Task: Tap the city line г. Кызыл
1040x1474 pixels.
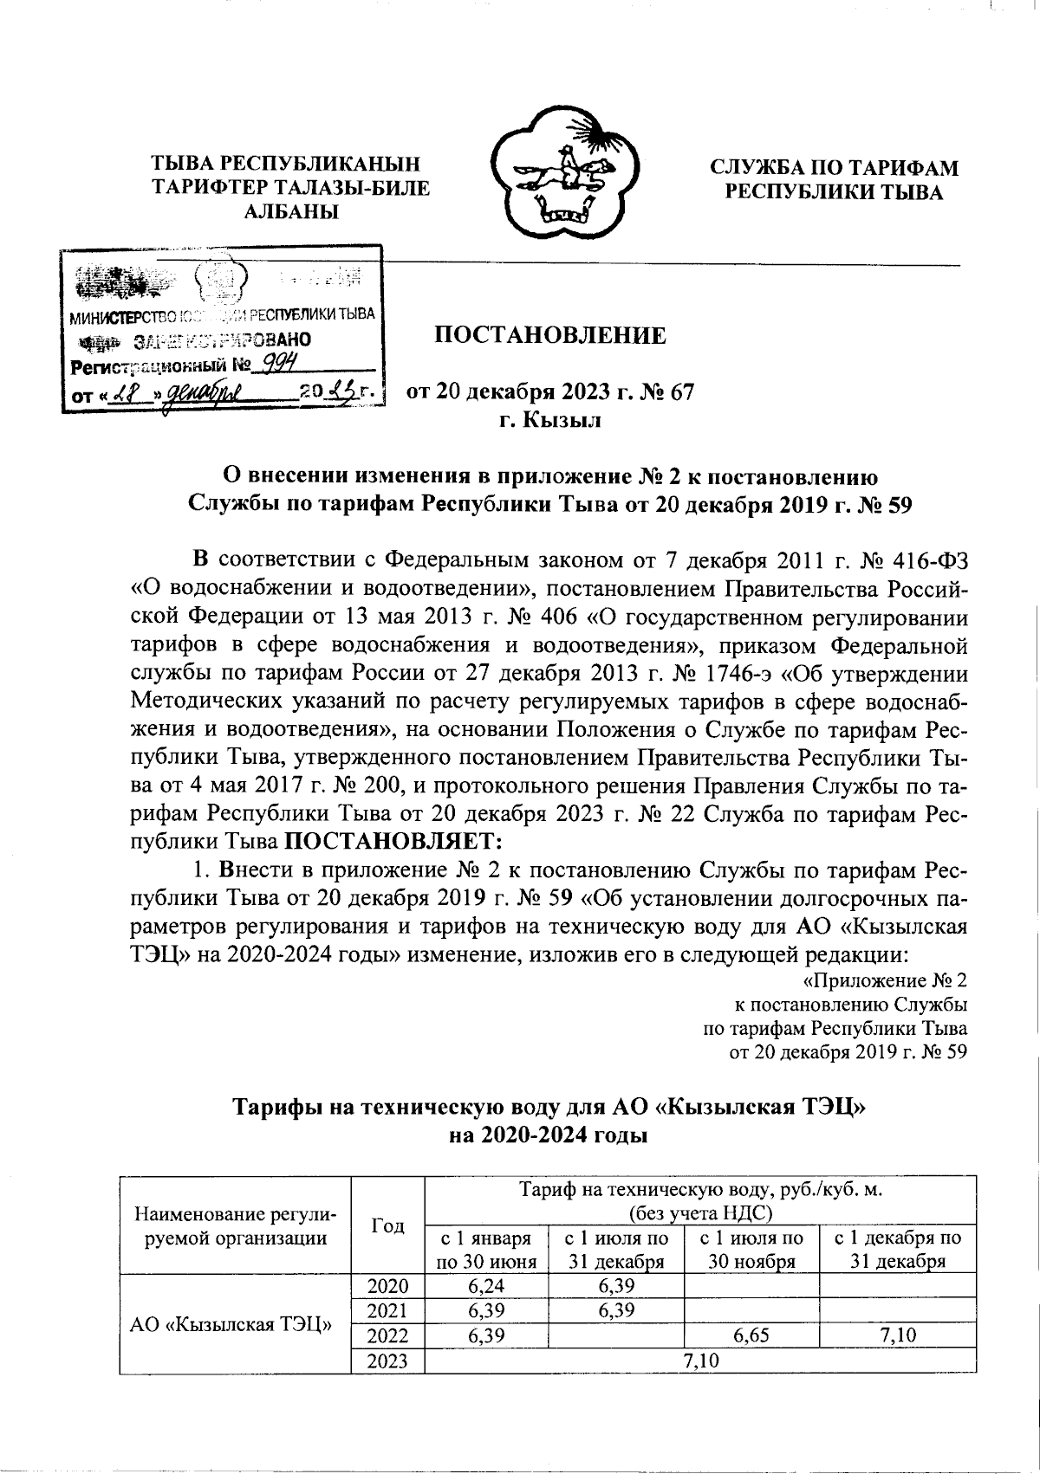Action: (549, 422)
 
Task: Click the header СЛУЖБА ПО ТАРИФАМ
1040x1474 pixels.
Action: (834, 168)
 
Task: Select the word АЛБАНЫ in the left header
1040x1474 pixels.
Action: (290, 211)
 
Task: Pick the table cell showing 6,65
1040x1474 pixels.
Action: (751, 1336)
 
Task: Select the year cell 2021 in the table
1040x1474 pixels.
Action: (387, 1311)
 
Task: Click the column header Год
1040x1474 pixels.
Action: (387, 1225)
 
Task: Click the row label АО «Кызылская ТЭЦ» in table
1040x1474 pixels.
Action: (232, 1324)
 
